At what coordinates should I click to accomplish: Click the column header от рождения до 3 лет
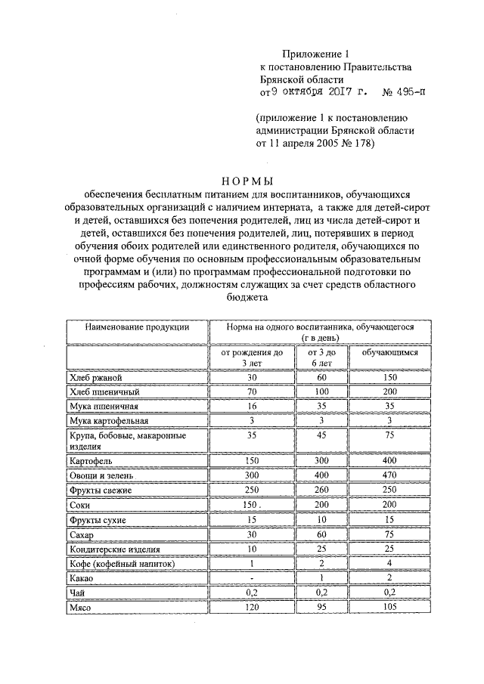252,357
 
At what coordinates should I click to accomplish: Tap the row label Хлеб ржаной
95,377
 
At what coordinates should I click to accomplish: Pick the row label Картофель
91,461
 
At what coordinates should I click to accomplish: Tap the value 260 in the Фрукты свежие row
321,491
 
